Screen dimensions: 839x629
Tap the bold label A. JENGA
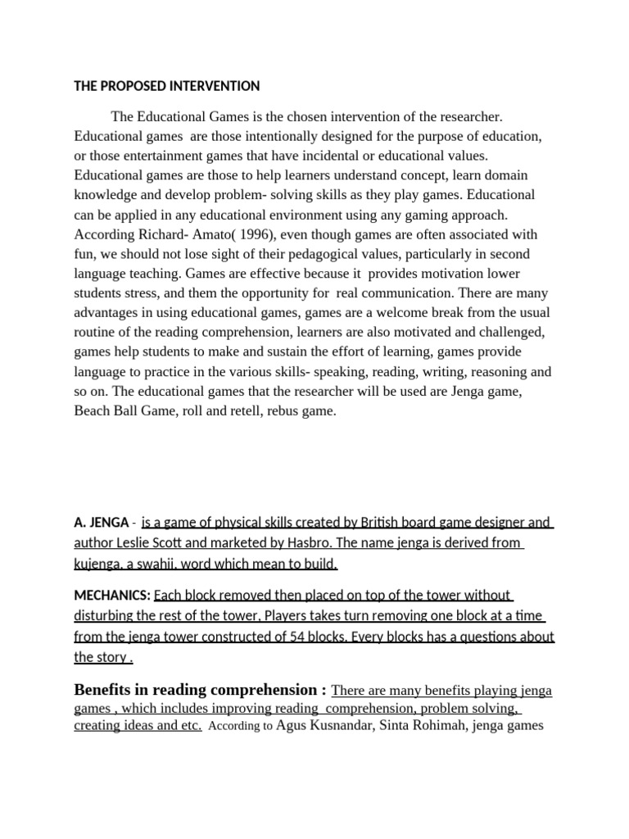pyautogui.click(x=101, y=523)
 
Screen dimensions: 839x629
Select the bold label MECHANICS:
pyautogui.click(x=111, y=596)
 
